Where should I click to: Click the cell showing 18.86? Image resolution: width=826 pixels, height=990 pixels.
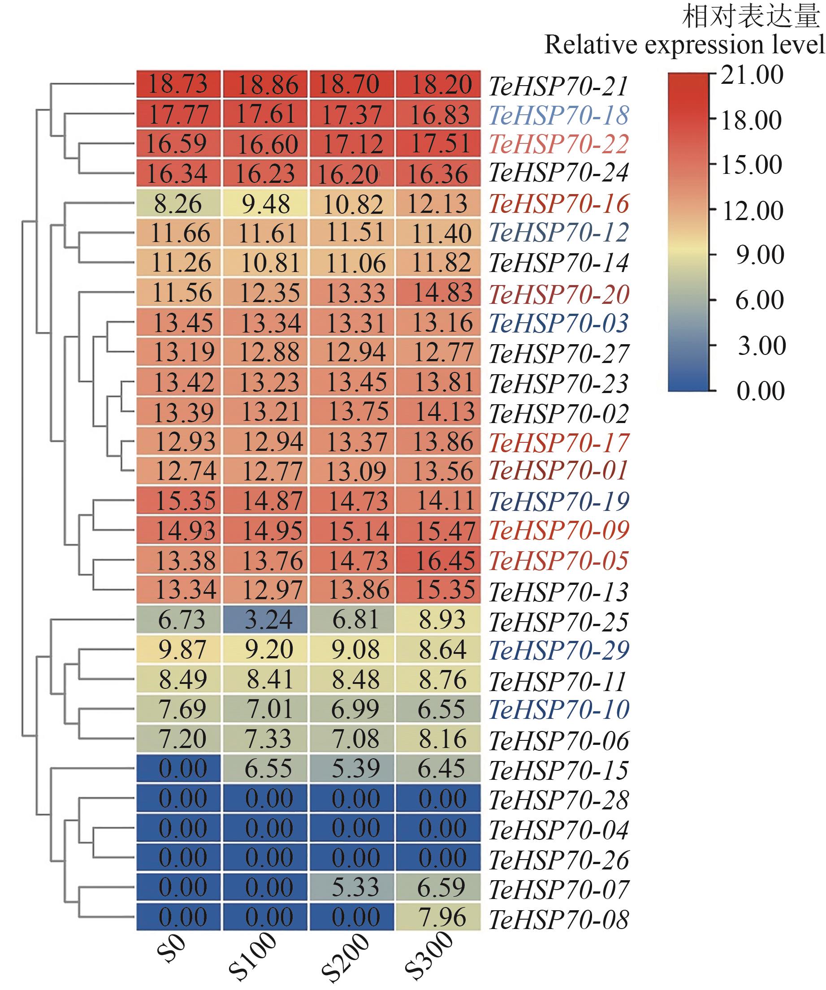tap(265, 85)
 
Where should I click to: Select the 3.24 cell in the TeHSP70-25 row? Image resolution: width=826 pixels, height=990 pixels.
tap(265, 620)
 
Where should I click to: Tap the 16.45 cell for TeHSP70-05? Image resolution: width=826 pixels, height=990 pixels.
tap(438, 561)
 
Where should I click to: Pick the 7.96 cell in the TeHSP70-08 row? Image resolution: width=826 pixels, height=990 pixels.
tap(438, 917)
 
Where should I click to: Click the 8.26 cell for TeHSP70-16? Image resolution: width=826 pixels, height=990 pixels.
tap(179, 203)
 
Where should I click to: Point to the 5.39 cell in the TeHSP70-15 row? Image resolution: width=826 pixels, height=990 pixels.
tap(352, 769)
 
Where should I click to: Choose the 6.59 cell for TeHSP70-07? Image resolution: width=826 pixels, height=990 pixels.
tap(438, 887)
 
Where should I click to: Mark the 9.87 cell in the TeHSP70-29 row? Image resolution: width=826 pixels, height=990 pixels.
tap(179, 650)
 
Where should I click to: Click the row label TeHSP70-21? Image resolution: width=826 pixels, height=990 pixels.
tap(559, 86)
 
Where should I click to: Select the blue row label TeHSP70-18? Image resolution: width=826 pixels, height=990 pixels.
tap(559, 116)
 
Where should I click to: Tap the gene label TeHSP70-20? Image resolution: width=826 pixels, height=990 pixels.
tap(559, 294)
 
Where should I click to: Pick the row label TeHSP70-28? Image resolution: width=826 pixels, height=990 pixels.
tap(559, 800)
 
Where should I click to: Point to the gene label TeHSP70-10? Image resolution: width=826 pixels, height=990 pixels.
tap(559, 710)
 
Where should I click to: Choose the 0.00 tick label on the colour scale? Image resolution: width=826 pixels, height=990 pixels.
tap(760, 391)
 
